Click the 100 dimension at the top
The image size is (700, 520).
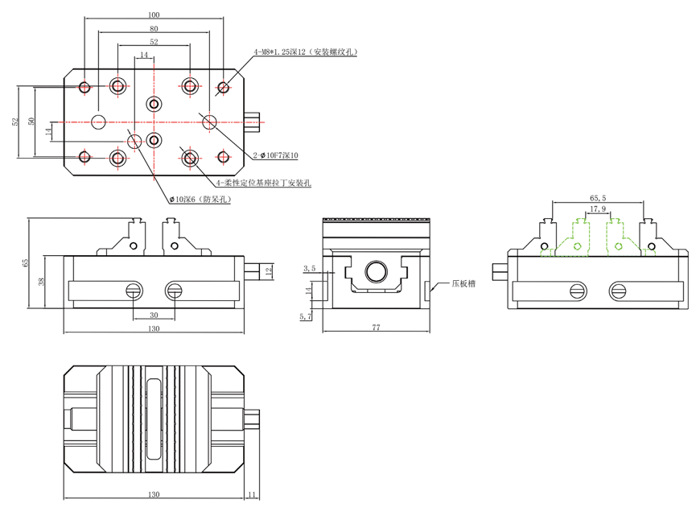click(154, 14)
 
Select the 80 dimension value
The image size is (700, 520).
click(154, 28)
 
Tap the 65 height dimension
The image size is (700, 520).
click(26, 262)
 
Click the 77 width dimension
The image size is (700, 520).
click(376, 328)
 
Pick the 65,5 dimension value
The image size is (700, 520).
click(598, 196)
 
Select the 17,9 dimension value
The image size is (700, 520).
click(598, 209)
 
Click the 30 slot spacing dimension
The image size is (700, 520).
click(153, 316)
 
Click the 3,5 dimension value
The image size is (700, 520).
click(309, 267)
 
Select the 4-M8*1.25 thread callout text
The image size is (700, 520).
click(305, 52)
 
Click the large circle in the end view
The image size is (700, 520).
click(376, 271)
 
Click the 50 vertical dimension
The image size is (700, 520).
click(31, 121)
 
